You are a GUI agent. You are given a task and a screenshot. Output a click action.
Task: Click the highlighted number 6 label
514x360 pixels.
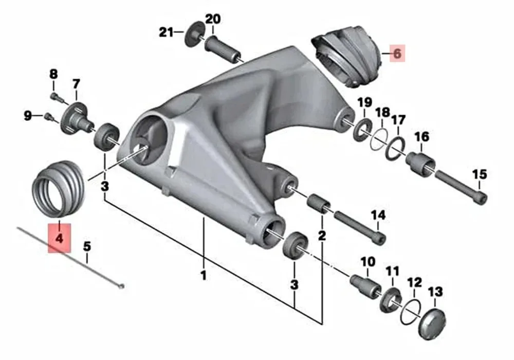pos(397,53)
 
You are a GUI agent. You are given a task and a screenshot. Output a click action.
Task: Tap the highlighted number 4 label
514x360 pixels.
pos(59,238)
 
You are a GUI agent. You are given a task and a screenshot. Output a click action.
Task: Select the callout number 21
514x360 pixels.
pos(166,32)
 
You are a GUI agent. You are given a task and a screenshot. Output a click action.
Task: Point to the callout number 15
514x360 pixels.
pos(479,174)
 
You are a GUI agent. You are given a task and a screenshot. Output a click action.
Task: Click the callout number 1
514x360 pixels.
pos(204,276)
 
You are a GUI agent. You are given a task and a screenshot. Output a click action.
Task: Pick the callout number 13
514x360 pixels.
pos(435,292)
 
